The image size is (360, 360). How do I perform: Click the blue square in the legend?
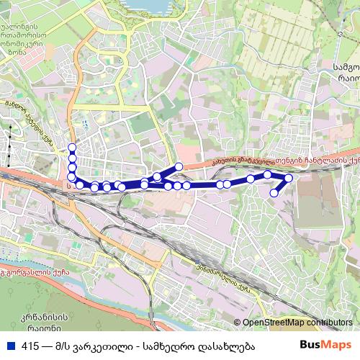point(11,346)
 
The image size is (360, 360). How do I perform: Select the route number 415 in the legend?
point(30,346)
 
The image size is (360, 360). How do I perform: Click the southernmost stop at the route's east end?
point(274,192)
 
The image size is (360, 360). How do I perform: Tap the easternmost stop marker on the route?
point(289,178)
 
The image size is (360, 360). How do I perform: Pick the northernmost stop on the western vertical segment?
point(71,148)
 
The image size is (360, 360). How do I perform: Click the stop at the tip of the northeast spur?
point(179,167)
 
